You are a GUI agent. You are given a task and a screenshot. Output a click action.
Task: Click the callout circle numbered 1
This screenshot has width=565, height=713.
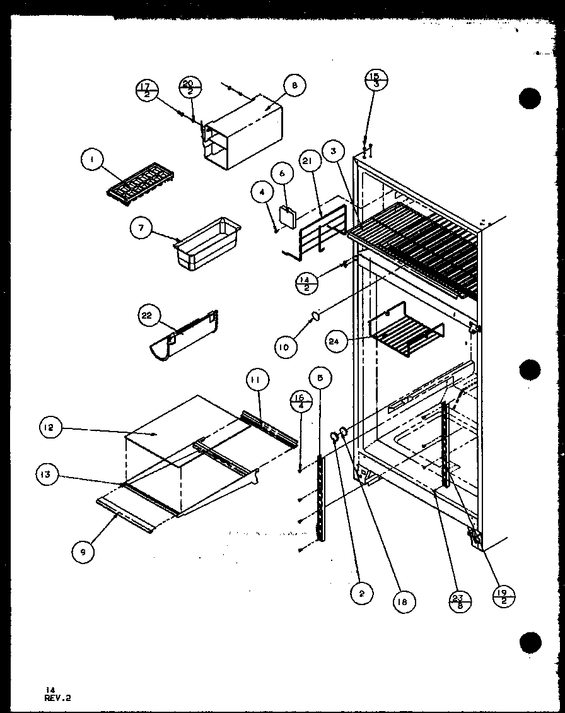click(92, 162)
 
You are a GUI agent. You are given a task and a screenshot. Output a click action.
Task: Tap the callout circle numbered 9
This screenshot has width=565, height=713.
click(83, 551)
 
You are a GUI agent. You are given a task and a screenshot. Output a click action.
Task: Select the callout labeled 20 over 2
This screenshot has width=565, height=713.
click(190, 86)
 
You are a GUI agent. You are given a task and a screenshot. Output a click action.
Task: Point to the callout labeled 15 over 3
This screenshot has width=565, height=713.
click(376, 80)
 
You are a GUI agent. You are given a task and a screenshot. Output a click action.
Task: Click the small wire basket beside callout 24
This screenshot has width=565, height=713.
click(405, 334)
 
